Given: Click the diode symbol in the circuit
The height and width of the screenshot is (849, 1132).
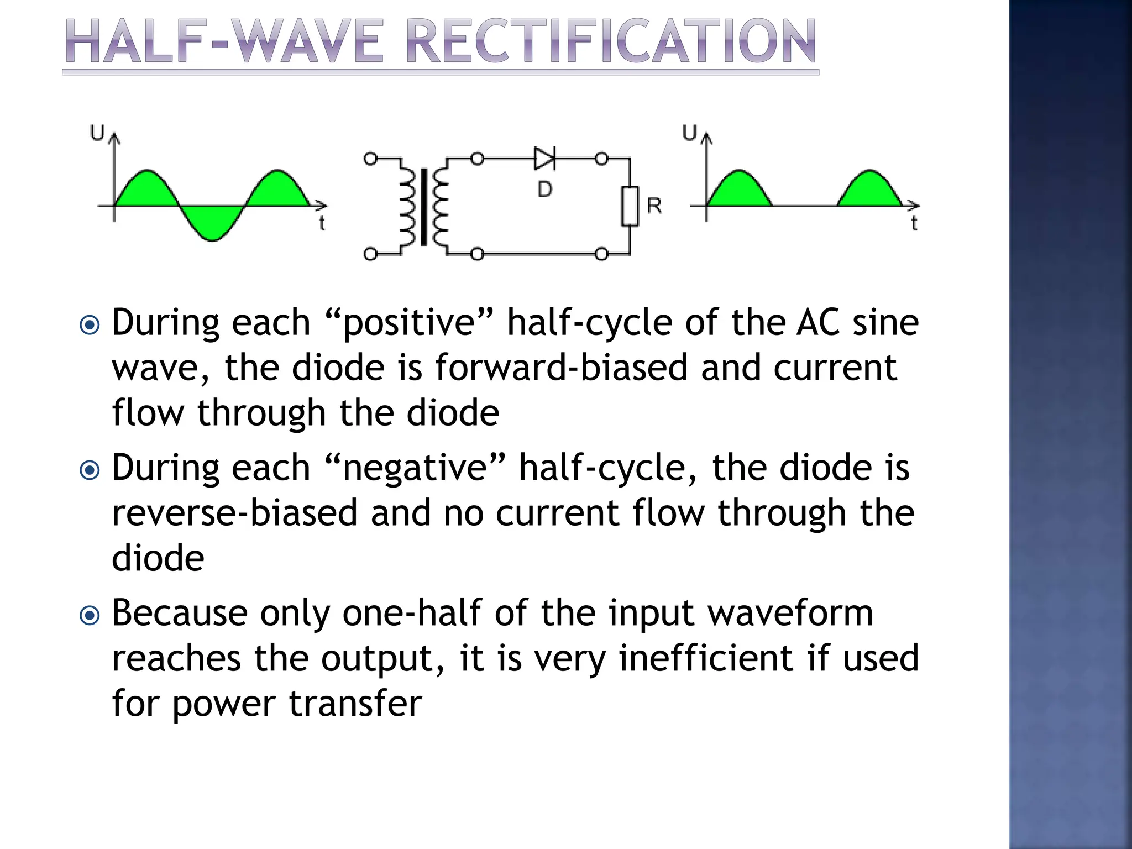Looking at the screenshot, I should (544, 159).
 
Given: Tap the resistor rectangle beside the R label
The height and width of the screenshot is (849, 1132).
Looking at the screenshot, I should (630, 206).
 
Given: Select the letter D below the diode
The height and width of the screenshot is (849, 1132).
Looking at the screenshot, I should (544, 190).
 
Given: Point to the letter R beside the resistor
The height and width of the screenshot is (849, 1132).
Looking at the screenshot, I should (654, 206).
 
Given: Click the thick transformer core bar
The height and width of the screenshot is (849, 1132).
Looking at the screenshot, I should (424, 207).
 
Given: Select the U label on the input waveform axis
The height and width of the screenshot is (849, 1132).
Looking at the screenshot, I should (97, 133).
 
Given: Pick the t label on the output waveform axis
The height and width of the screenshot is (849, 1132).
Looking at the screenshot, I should (914, 223).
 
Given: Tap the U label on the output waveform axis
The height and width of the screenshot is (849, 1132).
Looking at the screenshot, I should (689, 133).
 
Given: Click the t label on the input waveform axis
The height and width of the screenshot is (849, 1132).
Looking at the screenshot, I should (322, 223).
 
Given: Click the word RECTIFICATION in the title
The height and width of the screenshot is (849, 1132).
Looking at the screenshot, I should (611, 42).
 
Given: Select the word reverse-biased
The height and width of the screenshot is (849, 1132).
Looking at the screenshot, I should (234, 513).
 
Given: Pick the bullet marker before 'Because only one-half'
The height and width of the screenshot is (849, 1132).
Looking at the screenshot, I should (90, 615).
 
